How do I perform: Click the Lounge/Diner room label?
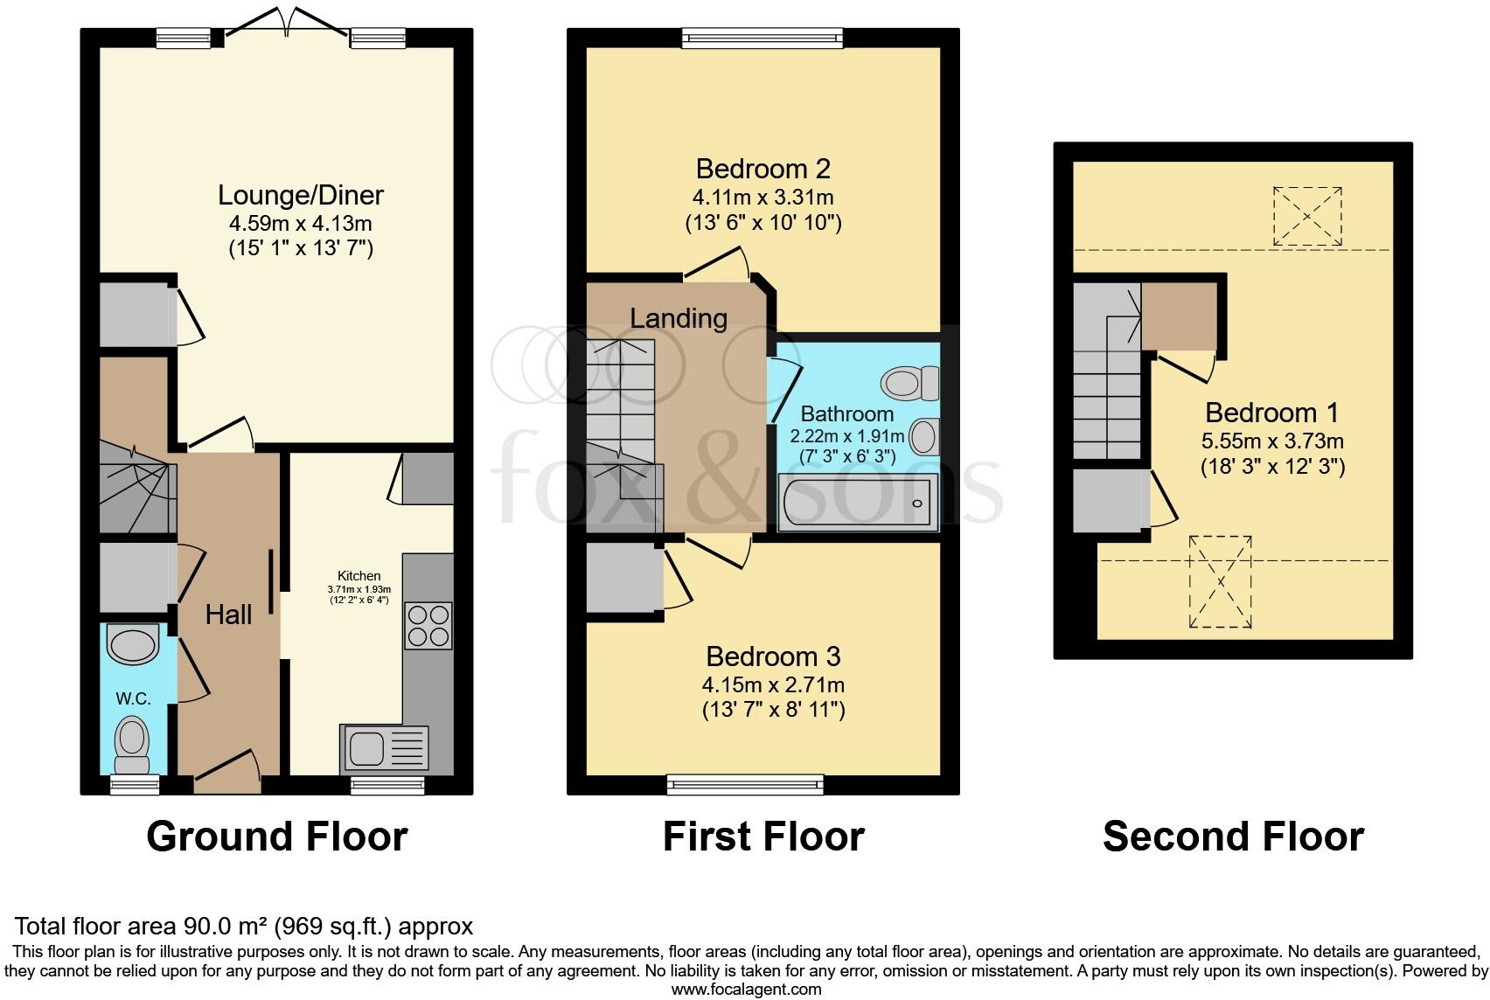(x=300, y=195)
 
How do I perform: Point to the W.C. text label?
(x=134, y=698)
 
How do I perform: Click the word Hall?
(x=228, y=615)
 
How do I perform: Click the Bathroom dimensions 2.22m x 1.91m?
(x=847, y=435)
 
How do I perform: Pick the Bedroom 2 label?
(x=762, y=168)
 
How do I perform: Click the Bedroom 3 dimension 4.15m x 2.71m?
(x=773, y=684)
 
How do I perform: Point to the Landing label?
(x=679, y=318)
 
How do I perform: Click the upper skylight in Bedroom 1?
(x=1307, y=216)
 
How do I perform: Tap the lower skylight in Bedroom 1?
(x=1220, y=582)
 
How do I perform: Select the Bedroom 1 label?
(x=1272, y=413)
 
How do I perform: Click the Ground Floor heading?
(x=276, y=837)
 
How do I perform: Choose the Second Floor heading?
(x=1233, y=837)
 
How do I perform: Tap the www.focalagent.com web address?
(x=746, y=990)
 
